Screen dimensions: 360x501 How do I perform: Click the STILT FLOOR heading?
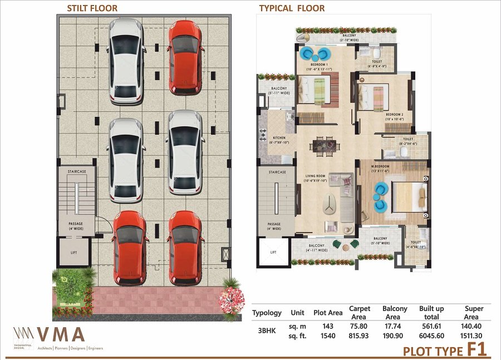point(92,8)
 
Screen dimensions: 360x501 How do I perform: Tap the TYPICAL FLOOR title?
point(292,8)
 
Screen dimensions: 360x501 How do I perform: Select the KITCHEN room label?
point(279,137)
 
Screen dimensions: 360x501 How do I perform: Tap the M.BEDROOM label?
point(381,166)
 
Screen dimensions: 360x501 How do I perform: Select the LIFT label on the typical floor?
point(273,252)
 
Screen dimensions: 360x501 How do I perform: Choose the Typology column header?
point(267,313)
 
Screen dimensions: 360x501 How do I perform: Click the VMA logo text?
point(61,334)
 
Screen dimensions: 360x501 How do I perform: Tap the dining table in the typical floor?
point(325,146)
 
